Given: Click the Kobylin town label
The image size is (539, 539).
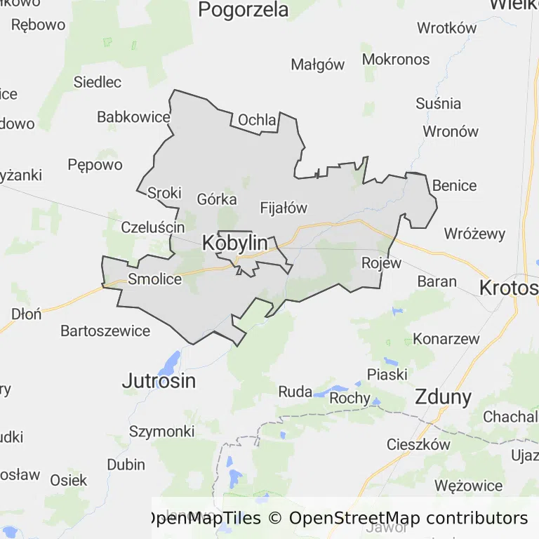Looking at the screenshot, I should tap(234, 243).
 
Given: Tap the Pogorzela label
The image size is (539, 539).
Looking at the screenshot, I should tap(244, 10).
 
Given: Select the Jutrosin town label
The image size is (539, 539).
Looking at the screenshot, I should tap(159, 381).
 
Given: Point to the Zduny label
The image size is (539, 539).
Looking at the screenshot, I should tap(443, 397).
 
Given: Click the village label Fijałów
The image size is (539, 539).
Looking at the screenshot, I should tap(284, 208).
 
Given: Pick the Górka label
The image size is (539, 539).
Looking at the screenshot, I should tap(217, 199).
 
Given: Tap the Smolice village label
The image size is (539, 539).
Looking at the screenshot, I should tap(154, 279).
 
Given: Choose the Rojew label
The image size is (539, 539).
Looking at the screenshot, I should tap(381, 263).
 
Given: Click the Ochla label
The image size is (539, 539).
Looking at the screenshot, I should tap(257, 120).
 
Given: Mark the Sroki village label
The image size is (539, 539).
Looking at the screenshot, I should tap(164, 192).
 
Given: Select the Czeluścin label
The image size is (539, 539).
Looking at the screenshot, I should tap(153, 227).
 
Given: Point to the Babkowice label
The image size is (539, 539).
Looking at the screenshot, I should tap(133, 117).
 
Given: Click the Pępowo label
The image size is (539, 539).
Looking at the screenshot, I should tap(95, 165).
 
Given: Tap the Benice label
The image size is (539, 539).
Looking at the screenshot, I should tap(454, 186).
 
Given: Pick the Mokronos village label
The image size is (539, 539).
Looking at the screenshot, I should tap(397, 60).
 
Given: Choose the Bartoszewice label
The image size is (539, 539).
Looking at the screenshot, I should tap(105, 330).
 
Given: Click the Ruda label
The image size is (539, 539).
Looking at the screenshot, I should tap(295, 392).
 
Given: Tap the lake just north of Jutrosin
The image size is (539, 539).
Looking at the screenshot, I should tap(170, 363).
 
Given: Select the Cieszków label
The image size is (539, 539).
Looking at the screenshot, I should tap(418, 444).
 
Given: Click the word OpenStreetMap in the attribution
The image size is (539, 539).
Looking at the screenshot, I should tap(354, 518).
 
